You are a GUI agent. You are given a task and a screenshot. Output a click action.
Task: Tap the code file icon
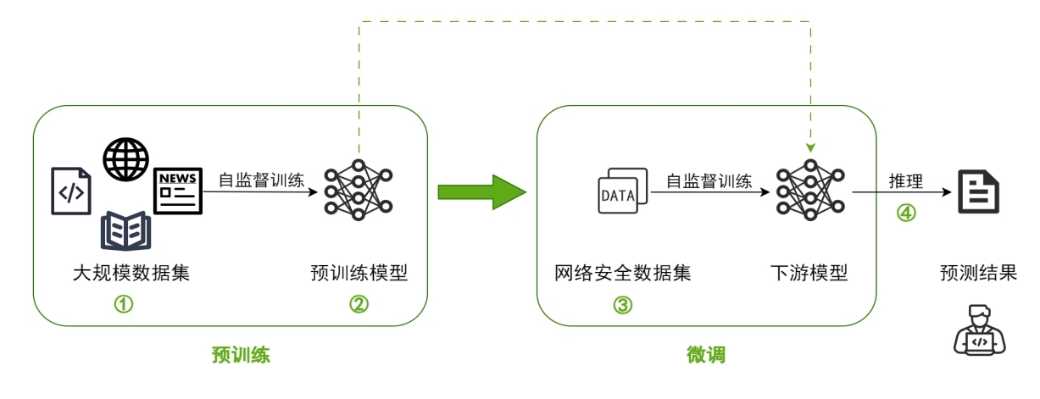[71, 191]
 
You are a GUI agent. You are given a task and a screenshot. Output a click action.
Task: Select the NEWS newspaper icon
[178, 191]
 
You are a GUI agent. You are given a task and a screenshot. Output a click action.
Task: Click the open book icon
[125, 230]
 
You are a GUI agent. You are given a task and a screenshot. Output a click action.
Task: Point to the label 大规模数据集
[131, 274]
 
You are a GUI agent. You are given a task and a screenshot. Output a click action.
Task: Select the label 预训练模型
[359, 274]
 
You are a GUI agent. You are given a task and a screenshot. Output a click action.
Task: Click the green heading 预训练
[241, 355]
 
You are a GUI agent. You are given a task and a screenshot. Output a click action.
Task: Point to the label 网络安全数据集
[623, 274]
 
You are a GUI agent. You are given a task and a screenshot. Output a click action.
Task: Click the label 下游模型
[809, 274]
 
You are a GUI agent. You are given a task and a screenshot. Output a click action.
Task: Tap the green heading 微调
[705, 355]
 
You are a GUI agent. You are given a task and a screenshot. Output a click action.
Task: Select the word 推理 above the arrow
[906, 180]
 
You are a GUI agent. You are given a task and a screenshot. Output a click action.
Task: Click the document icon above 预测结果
[978, 191]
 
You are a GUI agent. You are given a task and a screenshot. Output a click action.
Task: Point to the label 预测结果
[978, 274]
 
